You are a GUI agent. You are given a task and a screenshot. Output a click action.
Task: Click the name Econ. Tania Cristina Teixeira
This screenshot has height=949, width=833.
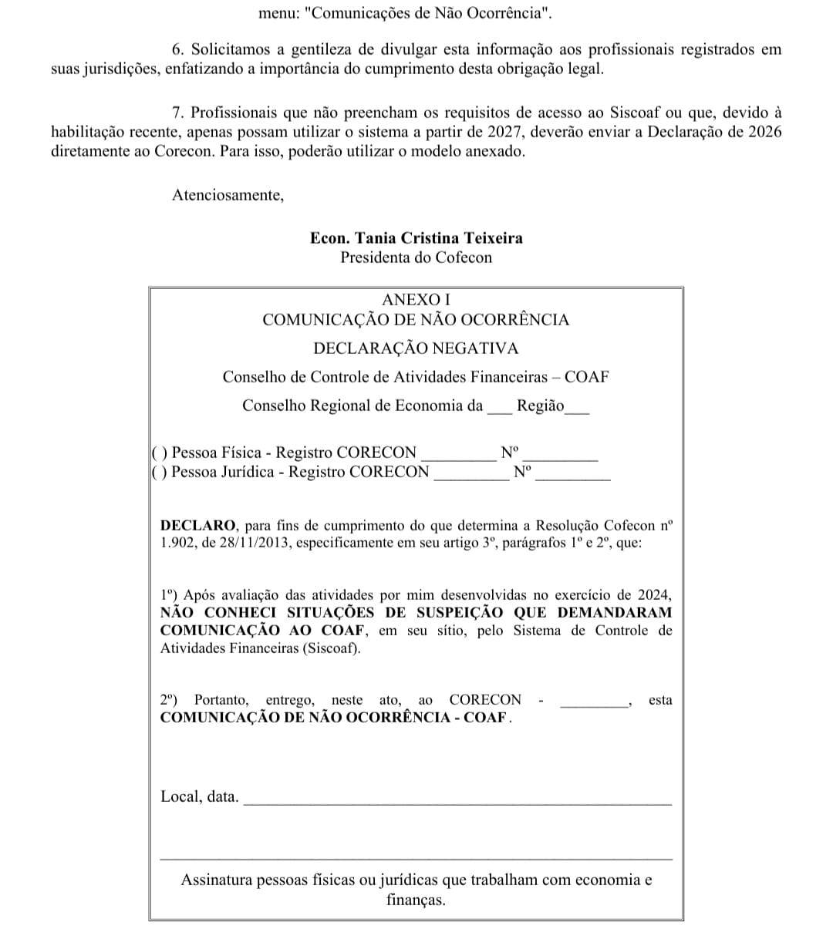click(x=416, y=238)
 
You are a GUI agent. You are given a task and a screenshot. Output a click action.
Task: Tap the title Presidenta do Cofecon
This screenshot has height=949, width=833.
click(x=416, y=257)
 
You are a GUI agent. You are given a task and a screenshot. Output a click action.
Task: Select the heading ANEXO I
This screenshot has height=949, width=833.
click(x=416, y=299)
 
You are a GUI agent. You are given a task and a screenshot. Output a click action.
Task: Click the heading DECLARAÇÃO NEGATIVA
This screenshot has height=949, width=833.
click(x=416, y=348)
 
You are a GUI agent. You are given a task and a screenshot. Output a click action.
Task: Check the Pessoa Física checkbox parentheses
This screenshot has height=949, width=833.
click(x=160, y=453)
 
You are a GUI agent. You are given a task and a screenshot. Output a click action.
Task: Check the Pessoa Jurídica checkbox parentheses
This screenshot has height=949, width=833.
click(x=160, y=472)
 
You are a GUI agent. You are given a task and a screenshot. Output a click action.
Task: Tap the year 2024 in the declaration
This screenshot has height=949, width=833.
click(x=655, y=595)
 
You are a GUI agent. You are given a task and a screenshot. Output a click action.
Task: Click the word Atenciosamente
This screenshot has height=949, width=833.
click(x=228, y=195)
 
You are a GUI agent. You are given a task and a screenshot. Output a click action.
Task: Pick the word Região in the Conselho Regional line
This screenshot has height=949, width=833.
click(x=540, y=406)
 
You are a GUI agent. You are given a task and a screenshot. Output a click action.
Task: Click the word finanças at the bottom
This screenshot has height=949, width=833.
click(x=416, y=900)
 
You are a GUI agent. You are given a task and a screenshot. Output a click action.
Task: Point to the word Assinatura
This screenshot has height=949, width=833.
click(x=217, y=880)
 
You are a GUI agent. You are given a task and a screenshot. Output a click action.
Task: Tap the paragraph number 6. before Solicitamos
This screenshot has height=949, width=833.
click(x=177, y=49)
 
